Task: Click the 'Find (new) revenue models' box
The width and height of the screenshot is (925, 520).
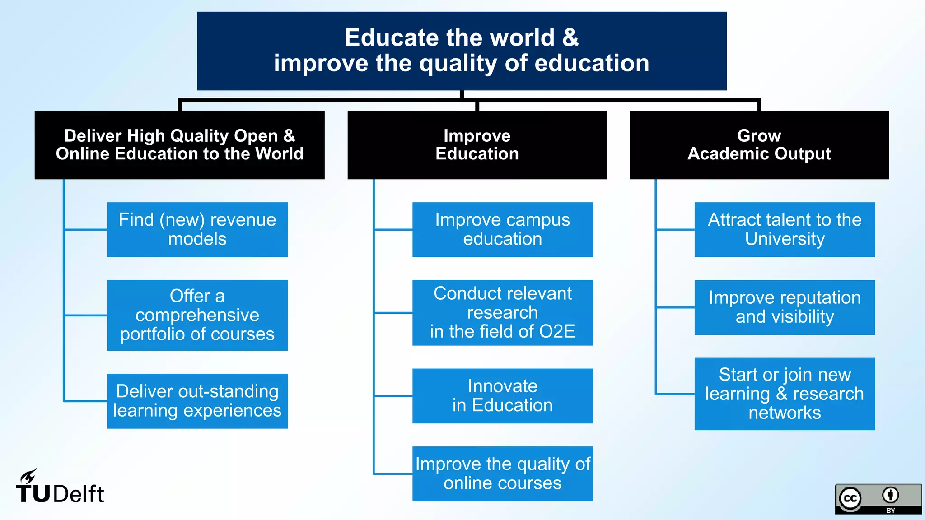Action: click(x=197, y=229)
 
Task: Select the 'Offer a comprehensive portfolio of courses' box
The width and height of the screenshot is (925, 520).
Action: click(x=197, y=315)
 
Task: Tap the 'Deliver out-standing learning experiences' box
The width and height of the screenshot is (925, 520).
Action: click(x=197, y=401)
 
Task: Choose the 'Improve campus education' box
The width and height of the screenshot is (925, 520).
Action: click(x=502, y=229)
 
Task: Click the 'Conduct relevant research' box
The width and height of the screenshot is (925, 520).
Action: click(x=502, y=312)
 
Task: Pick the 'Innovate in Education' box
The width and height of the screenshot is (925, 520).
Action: click(x=502, y=396)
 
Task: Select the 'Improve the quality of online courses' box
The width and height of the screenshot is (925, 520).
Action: click(x=502, y=474)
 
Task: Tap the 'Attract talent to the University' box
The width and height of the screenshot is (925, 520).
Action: click(x=785, y=229)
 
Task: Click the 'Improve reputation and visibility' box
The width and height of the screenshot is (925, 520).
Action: click(x=785, y=307)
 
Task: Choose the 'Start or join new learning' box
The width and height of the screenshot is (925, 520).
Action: click(x=785, y=394)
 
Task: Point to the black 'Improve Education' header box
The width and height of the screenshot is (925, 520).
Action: click(x=477, y=145)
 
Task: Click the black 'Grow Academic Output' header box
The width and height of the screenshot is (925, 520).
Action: click(x=759, y=145)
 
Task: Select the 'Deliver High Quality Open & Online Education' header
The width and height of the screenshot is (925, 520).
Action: click(x=179, y=145)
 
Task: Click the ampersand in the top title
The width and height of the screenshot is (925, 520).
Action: click(x=570, y=37)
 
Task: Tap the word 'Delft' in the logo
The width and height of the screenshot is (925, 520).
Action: click(x=79, y=494)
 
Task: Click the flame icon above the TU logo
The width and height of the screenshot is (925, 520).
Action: click(x=28, y=476)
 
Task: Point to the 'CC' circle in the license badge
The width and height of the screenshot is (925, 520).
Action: click(x=850, y=498)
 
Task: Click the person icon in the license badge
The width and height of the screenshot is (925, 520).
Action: click(x=890, y=495)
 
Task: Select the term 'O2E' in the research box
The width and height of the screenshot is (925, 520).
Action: click(x=557, y=332)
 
